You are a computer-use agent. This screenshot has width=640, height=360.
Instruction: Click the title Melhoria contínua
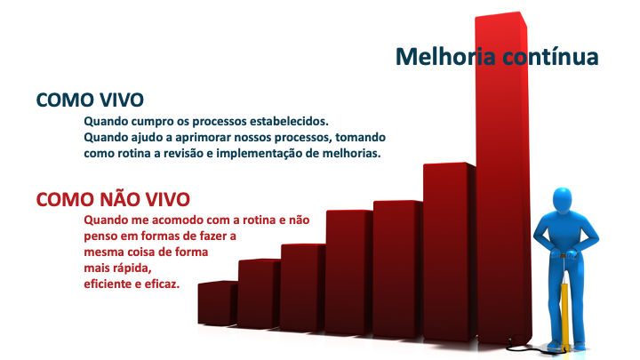pos(497,56)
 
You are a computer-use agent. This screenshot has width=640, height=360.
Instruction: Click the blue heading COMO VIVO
pos(90,100)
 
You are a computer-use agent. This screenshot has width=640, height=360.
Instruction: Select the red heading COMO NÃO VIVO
pos(113,199)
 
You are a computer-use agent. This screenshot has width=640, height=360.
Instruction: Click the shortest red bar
pos(218,303)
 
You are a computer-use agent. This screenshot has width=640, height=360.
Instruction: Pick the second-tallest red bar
pos(450,252)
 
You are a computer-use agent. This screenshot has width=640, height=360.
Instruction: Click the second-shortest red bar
pos(259,293)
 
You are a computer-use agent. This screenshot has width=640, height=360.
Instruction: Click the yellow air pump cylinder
pos(564,316)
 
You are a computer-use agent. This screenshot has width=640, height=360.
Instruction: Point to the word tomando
pos(360,137)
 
